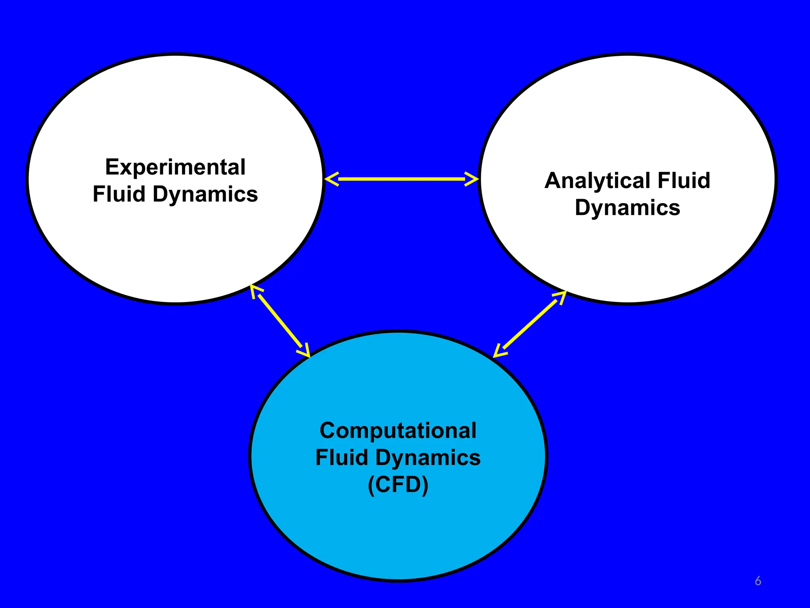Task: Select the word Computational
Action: pos(398,431)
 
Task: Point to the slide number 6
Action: pos(758,581)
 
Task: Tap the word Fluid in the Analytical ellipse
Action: pos(684,181)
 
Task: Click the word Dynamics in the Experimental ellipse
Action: pos(205,195)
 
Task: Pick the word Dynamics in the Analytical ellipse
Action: pos(627,208)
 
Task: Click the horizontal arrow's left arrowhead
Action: pos(331,179)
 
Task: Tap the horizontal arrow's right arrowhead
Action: pos(472,179)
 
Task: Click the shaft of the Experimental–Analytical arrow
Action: pos(401,179)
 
